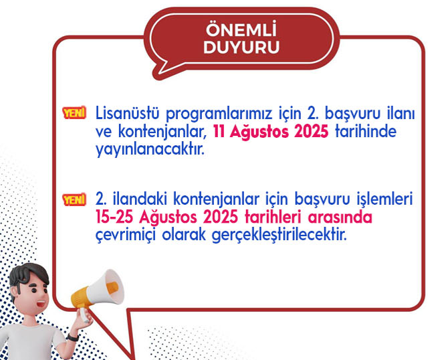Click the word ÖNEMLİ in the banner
pyautogui.click(x=241, y=29)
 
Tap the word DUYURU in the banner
pyautogui.click(x=241, y=47)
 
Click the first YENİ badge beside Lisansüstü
pyautogui.click(x=74, y=113)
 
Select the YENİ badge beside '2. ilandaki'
pyautogui.click(x=74, y=199)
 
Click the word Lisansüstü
pyautogui.click(x=128, y=113)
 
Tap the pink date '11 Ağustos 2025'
pyautogui.click(x=271, y=131)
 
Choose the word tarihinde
pyautogui.click(x=366, y=131)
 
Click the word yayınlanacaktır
pyautogui.click(x=150, y=149)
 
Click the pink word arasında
pyautogui.click(x=340, y=217)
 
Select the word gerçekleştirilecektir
pyautogui.click(x=280, y=236)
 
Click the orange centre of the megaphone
pyautogui.click(x=112, y=288)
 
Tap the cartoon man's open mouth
pyautogui.click(x=41, y=304)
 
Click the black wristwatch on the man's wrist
pyautogui.click(x=73, y=337)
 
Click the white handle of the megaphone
pyautogui.click(x=84, y=315)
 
